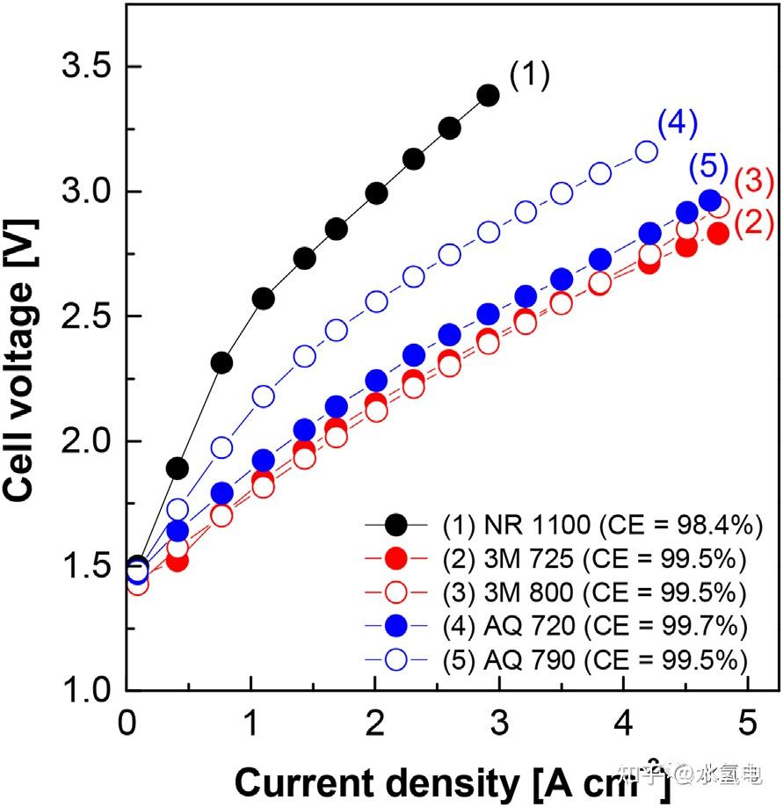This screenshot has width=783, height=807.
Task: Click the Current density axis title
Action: point(453,780)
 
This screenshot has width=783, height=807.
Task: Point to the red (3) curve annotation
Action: point(754,181)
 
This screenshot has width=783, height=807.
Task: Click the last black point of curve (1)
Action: point(489,95)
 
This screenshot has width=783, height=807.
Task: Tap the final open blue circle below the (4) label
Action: point(647,151)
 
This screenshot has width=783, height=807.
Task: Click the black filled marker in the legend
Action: point(399,526)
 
